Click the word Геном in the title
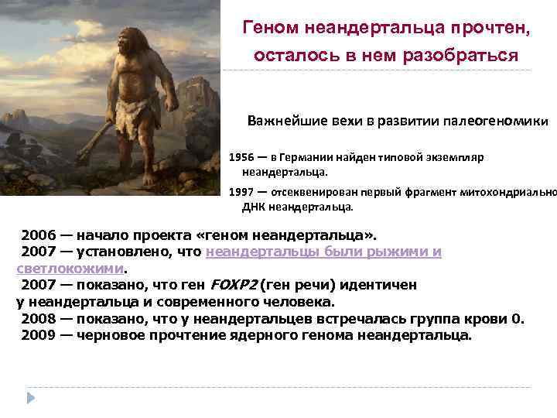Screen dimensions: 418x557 (x=270, y=28)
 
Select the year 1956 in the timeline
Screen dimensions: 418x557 (x=241, y=157)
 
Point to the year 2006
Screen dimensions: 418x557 (x=38, y=235)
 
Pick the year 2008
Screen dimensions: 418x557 (x=38, y=318)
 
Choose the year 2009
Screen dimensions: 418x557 (x=38, y=335)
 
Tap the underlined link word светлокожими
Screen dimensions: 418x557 (x=70, y=269)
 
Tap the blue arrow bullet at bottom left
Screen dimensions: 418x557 (x=31, y=397)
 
